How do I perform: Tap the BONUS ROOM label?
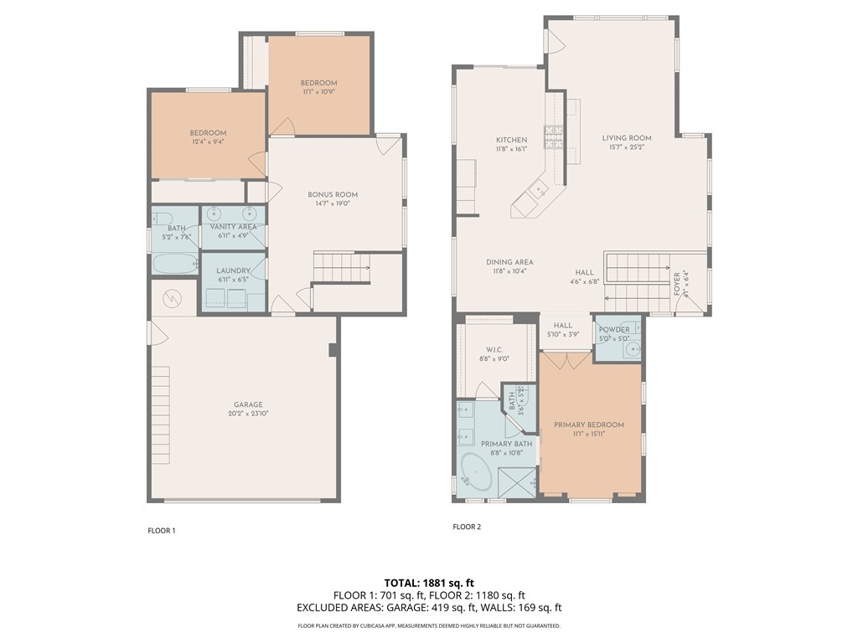(333, 194)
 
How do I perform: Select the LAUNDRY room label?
(233, 270)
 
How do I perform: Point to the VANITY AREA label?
(233, 227)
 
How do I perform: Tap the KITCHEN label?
(511, 140)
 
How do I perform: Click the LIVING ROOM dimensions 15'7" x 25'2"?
(626, 147)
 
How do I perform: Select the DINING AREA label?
(509, 262)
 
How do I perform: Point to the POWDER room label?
(613, 330)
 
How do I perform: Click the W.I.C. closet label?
(494, 350)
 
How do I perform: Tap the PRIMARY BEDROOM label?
(589, 424)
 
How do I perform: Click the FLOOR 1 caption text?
(162, 531)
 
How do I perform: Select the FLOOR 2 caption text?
(467, 527)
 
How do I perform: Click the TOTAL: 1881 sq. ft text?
(429, 583)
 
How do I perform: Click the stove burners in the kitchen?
(553, 135)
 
